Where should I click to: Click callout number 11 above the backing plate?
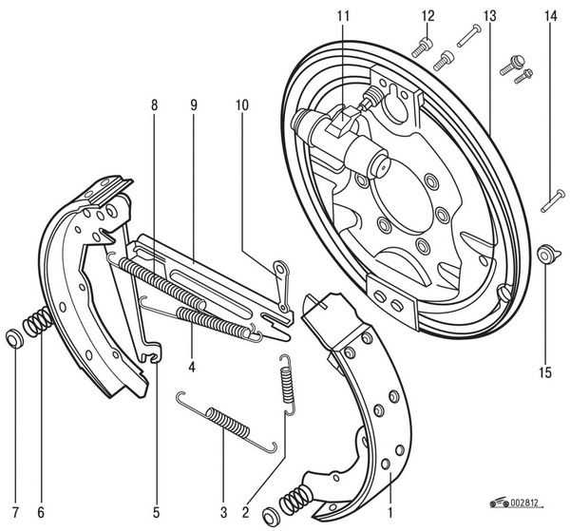[343, 16]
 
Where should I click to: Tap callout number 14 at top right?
[550, 16]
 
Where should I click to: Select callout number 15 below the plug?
[545, 372]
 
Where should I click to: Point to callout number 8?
[155, 105]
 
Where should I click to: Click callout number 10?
[242, 105]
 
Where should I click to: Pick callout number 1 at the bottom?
[390, 512]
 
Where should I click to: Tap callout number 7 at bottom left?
[15, 512]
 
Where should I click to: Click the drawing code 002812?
[523, 503]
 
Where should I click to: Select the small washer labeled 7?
[15, 338]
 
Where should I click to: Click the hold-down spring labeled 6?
[38, 320]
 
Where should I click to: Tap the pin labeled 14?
[553, 201]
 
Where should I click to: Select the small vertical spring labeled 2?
[288, 384]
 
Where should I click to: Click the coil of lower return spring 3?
[228, 423]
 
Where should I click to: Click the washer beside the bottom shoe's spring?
[270, 516]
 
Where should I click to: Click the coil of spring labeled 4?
[214, 322]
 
